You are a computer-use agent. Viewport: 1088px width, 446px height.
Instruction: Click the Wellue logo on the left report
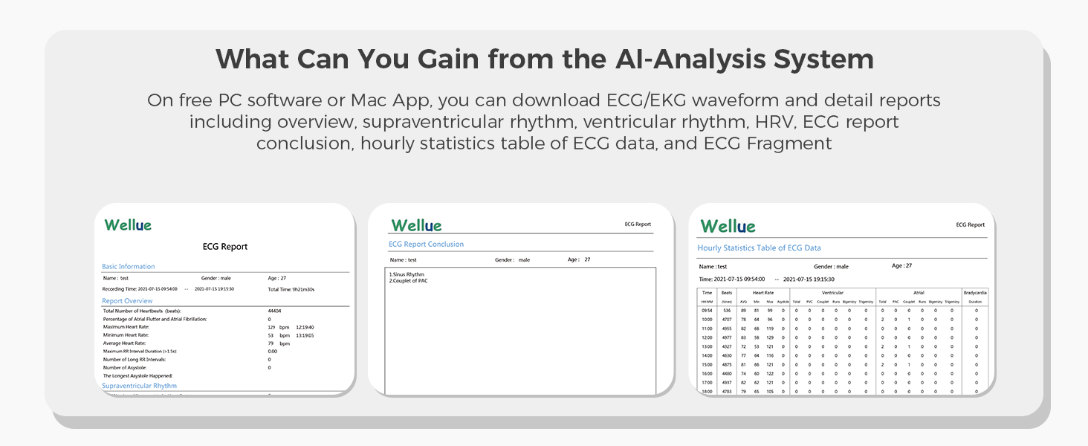(128, 224)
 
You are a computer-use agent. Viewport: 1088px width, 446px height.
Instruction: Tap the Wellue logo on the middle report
(416, 225)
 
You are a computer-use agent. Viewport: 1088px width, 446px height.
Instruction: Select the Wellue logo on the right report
(728, 226)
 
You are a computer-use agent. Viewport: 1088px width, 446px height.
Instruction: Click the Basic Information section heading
(129, 266)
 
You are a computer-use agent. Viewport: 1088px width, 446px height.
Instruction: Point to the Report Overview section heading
(127, 301)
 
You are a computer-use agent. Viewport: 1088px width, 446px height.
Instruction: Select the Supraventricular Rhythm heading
(139, 386)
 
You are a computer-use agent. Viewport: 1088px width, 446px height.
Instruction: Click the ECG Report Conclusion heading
(426, 244)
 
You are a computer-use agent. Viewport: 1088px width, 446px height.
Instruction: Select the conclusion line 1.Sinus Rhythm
(407, 274)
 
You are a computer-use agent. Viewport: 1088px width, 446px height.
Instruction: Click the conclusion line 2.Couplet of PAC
(408, 281)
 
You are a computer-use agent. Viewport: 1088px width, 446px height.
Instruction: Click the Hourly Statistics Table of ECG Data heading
(759, 248)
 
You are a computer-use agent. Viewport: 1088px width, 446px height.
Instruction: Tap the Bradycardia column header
(975, 293)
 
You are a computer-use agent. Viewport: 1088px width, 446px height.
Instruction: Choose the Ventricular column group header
(832, 293)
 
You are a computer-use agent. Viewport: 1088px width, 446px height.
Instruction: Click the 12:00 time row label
(707, 337)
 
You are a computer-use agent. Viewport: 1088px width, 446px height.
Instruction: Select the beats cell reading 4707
(727, 320)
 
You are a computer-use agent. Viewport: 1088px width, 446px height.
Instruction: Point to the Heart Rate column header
(763, 293)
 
